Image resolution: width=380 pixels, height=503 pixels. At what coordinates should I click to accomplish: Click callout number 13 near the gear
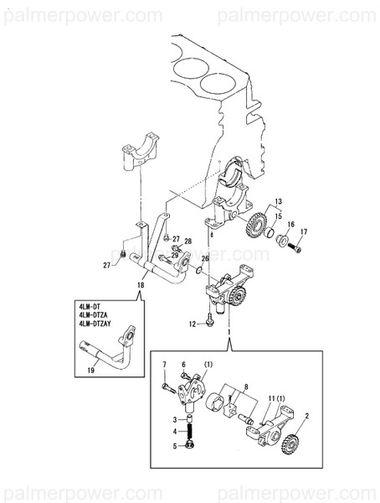pyautogui.click(x=279, y=202)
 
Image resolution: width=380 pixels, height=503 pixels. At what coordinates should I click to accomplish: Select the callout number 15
pyautogui.click(x=279, y=216)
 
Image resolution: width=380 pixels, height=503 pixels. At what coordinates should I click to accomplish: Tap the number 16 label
pyautogui.click(x=291, y=225)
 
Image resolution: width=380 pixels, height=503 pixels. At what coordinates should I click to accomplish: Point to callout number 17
pyautogui.click(x=304, y=231)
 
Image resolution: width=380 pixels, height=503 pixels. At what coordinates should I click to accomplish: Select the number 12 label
pyautogui.click(x=192, y=323)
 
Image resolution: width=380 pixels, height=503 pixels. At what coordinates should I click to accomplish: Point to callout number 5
pyautogui.click(x=175, y=447)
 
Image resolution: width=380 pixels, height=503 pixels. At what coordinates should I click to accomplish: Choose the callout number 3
pyautogui.click(x=175, y=418)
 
